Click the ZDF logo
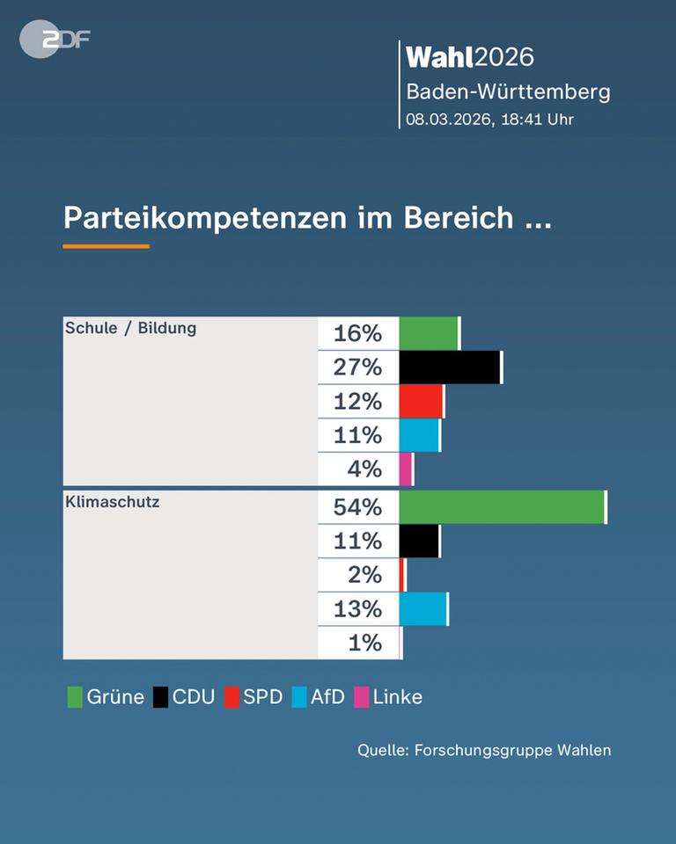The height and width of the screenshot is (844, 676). click(55, 39)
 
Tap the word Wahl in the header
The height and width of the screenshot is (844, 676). click(439, 57)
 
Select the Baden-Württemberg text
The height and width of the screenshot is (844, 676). click(508, 91)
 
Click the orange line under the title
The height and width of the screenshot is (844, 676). click(106, 246)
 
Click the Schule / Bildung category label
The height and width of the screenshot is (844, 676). click(130, 328)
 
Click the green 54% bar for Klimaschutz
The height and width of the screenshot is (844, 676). click(502, 507)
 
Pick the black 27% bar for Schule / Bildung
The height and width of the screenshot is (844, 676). click(449, 367)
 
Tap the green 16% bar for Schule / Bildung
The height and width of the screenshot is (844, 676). click(429, 333)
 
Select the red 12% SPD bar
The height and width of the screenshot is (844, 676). click(421, 401)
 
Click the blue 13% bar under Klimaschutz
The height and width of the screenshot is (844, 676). click(422, 608)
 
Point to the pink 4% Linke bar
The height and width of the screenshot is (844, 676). click(406, 469)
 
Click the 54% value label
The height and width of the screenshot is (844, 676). click(357, 507)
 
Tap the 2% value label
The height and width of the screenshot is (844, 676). click(364, 575)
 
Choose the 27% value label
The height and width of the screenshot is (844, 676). click(357, 367)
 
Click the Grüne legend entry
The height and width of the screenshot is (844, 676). click(106, 697)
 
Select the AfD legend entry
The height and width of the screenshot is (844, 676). click(318, 697)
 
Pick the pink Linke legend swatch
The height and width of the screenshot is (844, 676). click(361, 697)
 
